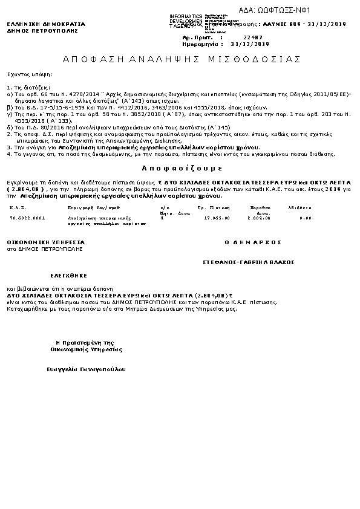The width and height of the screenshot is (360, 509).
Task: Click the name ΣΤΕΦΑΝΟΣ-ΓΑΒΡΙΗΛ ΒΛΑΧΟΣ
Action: pyautogui.click(x=249, y=262)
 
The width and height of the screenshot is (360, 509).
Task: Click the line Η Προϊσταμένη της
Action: pyautogui.click(x=84, y=342)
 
